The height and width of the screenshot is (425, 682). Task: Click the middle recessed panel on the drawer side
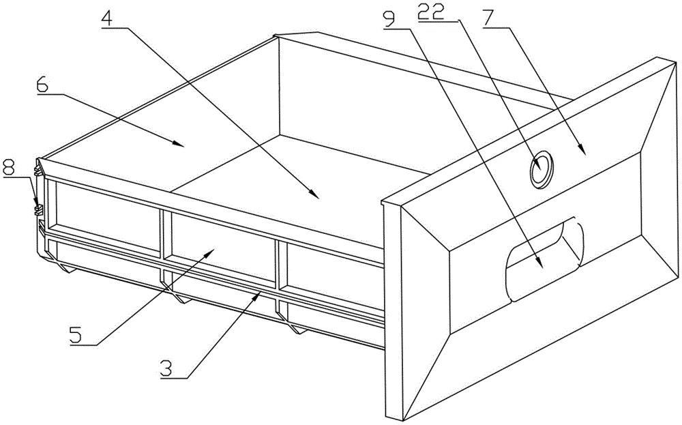coord(222,238)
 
